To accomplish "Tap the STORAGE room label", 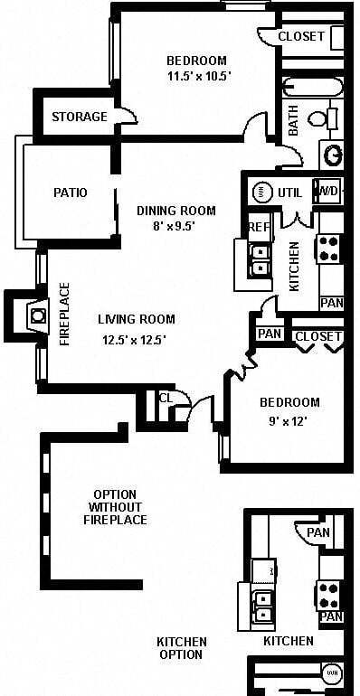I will tap(79, 117).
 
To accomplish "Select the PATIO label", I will tap(70, 193).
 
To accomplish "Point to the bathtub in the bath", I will tap(313, 88).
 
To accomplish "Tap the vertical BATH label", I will tap(293, 122).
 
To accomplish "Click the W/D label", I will tap(327, 192).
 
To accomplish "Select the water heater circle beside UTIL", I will tap(261, 192).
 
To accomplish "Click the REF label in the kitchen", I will tap(259, 227).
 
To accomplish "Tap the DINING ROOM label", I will tap(176, 211).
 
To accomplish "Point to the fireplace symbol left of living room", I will tap(37, 315).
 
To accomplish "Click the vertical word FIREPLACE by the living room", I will tap(64, 315).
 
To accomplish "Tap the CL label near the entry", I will tap(166, 398).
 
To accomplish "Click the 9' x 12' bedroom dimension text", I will tap(289, 420).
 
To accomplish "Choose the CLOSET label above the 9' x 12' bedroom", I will tap(318, 336).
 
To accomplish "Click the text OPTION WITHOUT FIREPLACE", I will tap(115, 507).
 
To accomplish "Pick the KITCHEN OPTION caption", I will tap(182, 648).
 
